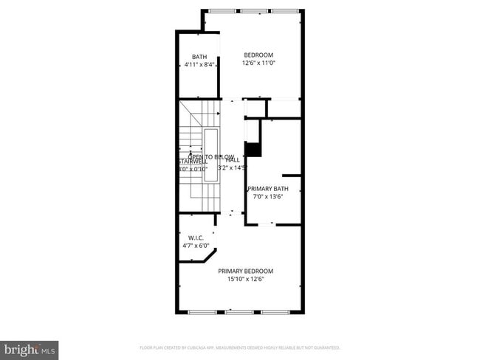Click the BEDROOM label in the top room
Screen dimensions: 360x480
[x=258, y=55]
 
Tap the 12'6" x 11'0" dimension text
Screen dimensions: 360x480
[x=258, y=63]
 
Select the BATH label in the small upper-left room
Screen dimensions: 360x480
[x=199, y=57]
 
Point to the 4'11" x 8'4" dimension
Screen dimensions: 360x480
[x=199, y=65]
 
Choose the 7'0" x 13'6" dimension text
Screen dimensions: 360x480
[x=268, y=196]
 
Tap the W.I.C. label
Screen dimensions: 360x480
[x=196, y=238]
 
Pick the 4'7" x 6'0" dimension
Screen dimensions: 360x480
[x=196, y=246]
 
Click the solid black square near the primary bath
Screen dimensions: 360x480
[x=253, y=149]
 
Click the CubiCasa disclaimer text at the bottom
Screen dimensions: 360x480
[x=239, y=347]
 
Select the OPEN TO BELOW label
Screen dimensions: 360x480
[x=210, y=156]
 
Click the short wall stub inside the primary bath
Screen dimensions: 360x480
[x=291, y=176]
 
